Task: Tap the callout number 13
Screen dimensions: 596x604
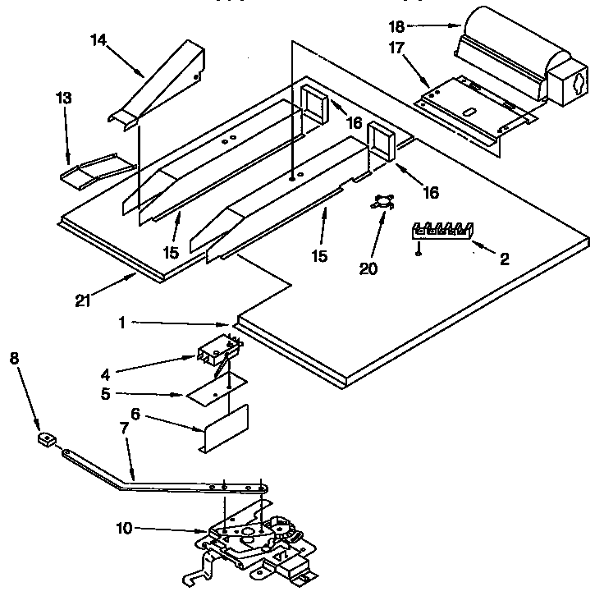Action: point(63,99)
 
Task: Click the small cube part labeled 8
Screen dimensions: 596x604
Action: point(46,441)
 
